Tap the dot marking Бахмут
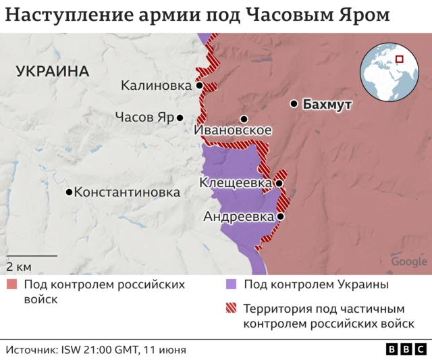tap(294, 104)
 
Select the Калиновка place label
tap(155, 86)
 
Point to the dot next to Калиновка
tap(199, 86)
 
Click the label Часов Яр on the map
tap(144, 117)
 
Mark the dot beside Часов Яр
tap(180, 118)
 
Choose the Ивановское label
tap(233, 130)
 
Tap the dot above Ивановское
tap(244, 119)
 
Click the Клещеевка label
tap(236, 183)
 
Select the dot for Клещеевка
tap(278, 183)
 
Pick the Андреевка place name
tap(238, 217)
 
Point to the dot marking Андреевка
tap(279, 217)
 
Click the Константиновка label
tap(127, 192)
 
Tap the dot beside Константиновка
tap(69, 192)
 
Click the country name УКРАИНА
tap(53, 71)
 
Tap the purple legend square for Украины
tap(232, 284)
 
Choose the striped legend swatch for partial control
tap(232, 309)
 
